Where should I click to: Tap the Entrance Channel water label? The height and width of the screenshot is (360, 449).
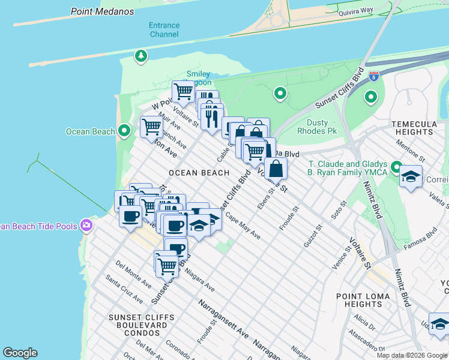(x=164, y=30)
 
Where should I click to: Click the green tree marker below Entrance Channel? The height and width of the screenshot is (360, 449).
(x=141, y=56)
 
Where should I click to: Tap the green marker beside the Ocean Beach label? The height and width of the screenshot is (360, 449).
(x=124, y=130)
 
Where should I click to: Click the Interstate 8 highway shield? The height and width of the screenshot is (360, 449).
(x=374, y=76)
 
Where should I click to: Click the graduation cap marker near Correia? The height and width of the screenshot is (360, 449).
(x=411, y=176)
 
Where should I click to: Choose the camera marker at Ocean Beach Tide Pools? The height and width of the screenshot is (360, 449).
(x=87, y=226)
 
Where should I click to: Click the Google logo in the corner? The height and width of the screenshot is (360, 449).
(x=20, y=353)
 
